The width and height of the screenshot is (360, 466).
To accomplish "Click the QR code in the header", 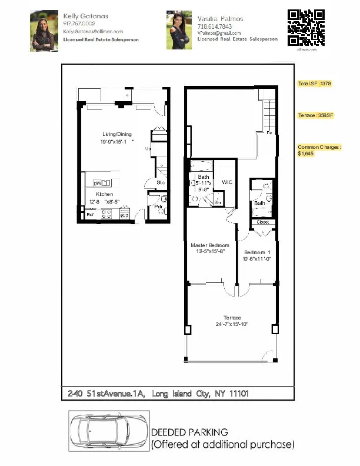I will pos(306,28).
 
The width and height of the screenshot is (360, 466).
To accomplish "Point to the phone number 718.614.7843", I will pos(215,26).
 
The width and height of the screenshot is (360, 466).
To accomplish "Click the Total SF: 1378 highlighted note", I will pos(315,84).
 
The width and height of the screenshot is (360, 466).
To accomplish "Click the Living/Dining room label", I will pos(116,134).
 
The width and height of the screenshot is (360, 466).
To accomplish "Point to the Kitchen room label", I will pos(105,194).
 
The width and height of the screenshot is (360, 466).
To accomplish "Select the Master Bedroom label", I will pos(210,245).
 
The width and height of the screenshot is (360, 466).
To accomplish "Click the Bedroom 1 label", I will pos(256,252).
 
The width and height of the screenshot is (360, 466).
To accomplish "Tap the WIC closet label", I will pos(227,182).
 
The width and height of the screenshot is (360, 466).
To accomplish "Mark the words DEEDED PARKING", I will pos(189,433).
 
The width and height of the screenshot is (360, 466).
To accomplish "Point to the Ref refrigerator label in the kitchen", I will pos(91,215).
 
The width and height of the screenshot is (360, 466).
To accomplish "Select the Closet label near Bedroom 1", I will pos(263,222).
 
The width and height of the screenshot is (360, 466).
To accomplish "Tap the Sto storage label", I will pos(161,182).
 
